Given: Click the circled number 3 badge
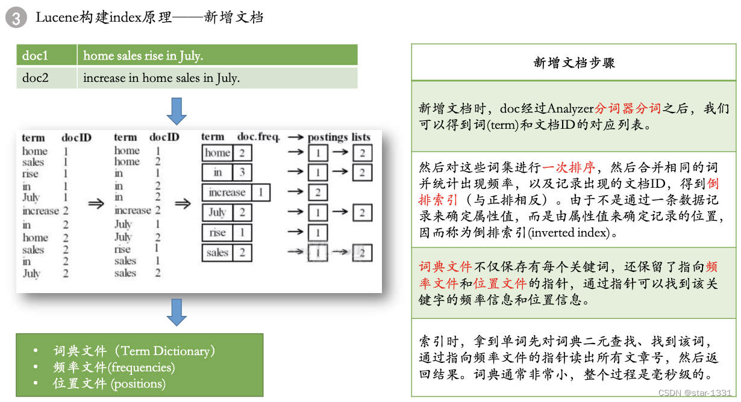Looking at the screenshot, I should coord(16,18).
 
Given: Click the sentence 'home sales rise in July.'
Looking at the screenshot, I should coord(143,55).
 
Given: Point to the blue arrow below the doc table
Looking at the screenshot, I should coord(177,110).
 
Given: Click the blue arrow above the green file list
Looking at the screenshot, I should coord(177,312).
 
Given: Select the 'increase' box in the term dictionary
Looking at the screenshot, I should coord(227,193).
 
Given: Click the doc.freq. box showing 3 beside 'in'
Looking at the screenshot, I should coord(242,173).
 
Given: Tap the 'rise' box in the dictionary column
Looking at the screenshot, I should coord(217,232).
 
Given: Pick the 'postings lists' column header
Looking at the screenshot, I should coord(339,137).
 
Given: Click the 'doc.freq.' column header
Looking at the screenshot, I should coord(258,137).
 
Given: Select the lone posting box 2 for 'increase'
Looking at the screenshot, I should coord(317,193).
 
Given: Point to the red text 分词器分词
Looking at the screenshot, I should coord(628,109).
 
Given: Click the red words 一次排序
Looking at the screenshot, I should coord(569,167).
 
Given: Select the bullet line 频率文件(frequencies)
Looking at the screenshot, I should coord(114,367).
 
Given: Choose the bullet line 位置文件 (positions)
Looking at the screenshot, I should coord(109,383).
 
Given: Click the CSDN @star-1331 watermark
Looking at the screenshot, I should coord(695,392).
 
